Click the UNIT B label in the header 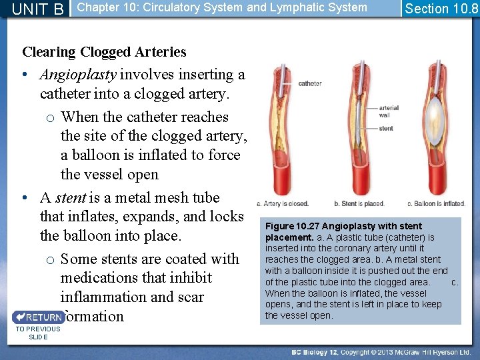click(37, 9)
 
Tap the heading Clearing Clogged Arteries click(104, 51)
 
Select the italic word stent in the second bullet click(70, 197)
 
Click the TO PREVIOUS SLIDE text click(38, 333)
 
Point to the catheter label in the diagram click(310, 83)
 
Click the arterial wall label click(389, 111)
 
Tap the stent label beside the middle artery click(386, 128)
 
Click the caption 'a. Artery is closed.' click(283, 203)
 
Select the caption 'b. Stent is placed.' click(359, 203)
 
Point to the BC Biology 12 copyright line click(381, 351)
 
